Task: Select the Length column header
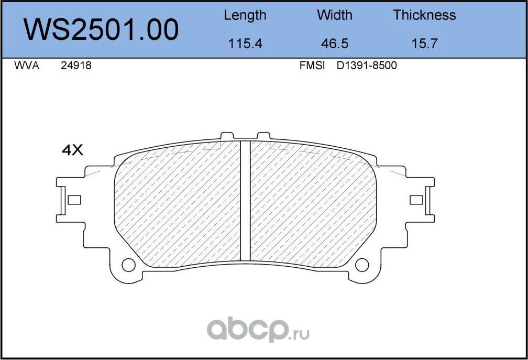click(x=245, y=15)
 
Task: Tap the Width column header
click(x=334, y=15)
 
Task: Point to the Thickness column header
click(x=424, y=15)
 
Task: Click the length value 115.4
click(x=245, y=44)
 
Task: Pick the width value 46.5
click(x=334, y=44)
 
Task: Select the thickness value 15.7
click(x=424, y=44)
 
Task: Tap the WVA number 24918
click(x=76, y=66)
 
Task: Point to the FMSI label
click(x=312, y=66)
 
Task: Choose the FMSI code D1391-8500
click(x=367, y=66)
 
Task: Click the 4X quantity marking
click(x=72, y=150)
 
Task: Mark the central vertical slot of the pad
click(x=245, y=200)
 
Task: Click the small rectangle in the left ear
click(x=74, y=200)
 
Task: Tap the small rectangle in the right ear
click(x=416, y=200)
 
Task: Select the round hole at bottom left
click(x=128, y=265)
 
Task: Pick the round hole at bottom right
click(x=362, y=265)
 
